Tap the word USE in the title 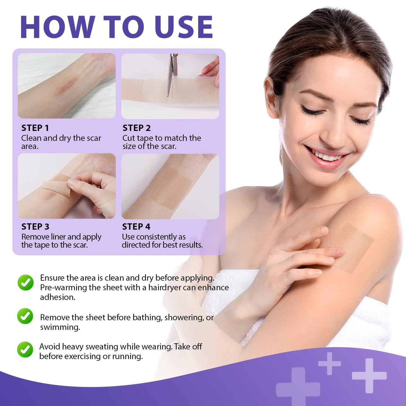[x=183, y=27]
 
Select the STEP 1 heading [x=35, y=128]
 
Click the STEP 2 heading [x=137, y=128]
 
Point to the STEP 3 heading [x=35, y=227]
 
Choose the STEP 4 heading [x=136, y=227]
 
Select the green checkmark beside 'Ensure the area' [x=26, y=282]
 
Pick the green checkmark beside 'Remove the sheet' [x=25, y=316]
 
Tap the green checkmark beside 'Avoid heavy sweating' [x=25, y=350]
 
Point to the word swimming [x=60, y=327]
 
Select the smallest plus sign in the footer [x=330, y=363]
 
